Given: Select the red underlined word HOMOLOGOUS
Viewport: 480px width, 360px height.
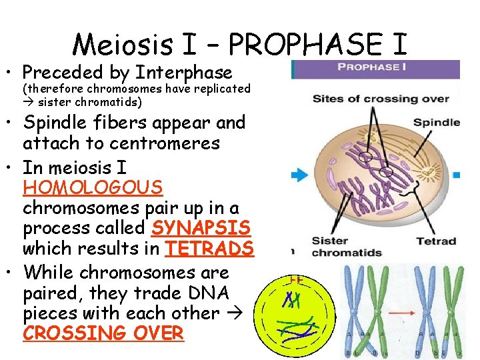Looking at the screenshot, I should pyautogui.click(x=93, y=187).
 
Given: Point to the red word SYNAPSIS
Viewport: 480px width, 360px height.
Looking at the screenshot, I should pyautogui.click(x=201, y=228).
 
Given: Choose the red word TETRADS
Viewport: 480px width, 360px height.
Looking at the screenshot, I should pyautogui.click(x=209, y=249).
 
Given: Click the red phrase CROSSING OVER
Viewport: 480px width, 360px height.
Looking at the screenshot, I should pyautogui.click(x=103, y=333).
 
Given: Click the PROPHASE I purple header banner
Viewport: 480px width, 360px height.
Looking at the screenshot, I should pyautogui.click(x=375, y=68).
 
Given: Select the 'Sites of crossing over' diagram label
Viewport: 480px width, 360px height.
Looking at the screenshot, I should pyautogui.click(x=381, y=99).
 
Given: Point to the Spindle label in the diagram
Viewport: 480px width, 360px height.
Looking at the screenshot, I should pyautogui.click(x=436, y=123).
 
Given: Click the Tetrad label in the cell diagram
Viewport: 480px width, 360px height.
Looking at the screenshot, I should pyautogui.click(x=436, y=241).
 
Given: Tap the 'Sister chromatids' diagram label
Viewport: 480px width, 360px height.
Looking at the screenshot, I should pyautogui.click(x=347, y=247).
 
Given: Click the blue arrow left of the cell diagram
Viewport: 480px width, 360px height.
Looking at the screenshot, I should pyautogui.click(x=297, y=175).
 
